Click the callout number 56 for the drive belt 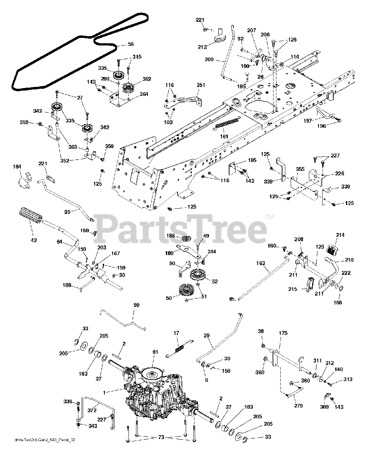[131, 44]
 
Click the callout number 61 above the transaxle [155, 352]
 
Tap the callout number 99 [136, 305]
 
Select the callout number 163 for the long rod [261, 263]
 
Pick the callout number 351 [201, 85]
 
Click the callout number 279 [298, 406]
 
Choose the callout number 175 [283, 333]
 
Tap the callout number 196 [322, 126]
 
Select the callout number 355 [301, 169]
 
